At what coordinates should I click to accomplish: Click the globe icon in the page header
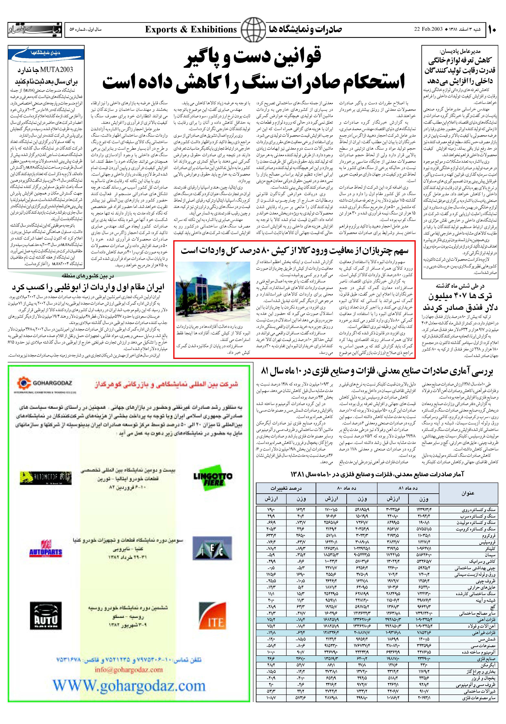point(253,30)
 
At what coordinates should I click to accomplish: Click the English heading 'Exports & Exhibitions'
point(191,30)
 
